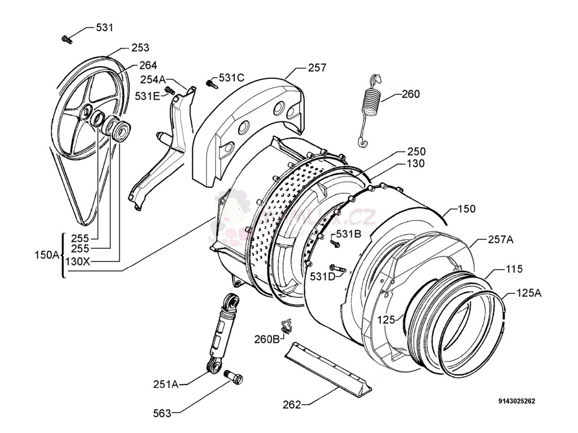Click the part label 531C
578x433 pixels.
click(231, 78)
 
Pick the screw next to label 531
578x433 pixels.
click(67, 39)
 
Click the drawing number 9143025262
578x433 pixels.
click(516, 401)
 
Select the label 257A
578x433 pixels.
click(501, 240)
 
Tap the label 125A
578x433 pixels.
click(529, 293)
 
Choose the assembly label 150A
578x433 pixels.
click(47, 255)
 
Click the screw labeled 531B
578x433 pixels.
click(334, 243)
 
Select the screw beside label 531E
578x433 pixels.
click(169, 90)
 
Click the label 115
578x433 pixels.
click(514, 269)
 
